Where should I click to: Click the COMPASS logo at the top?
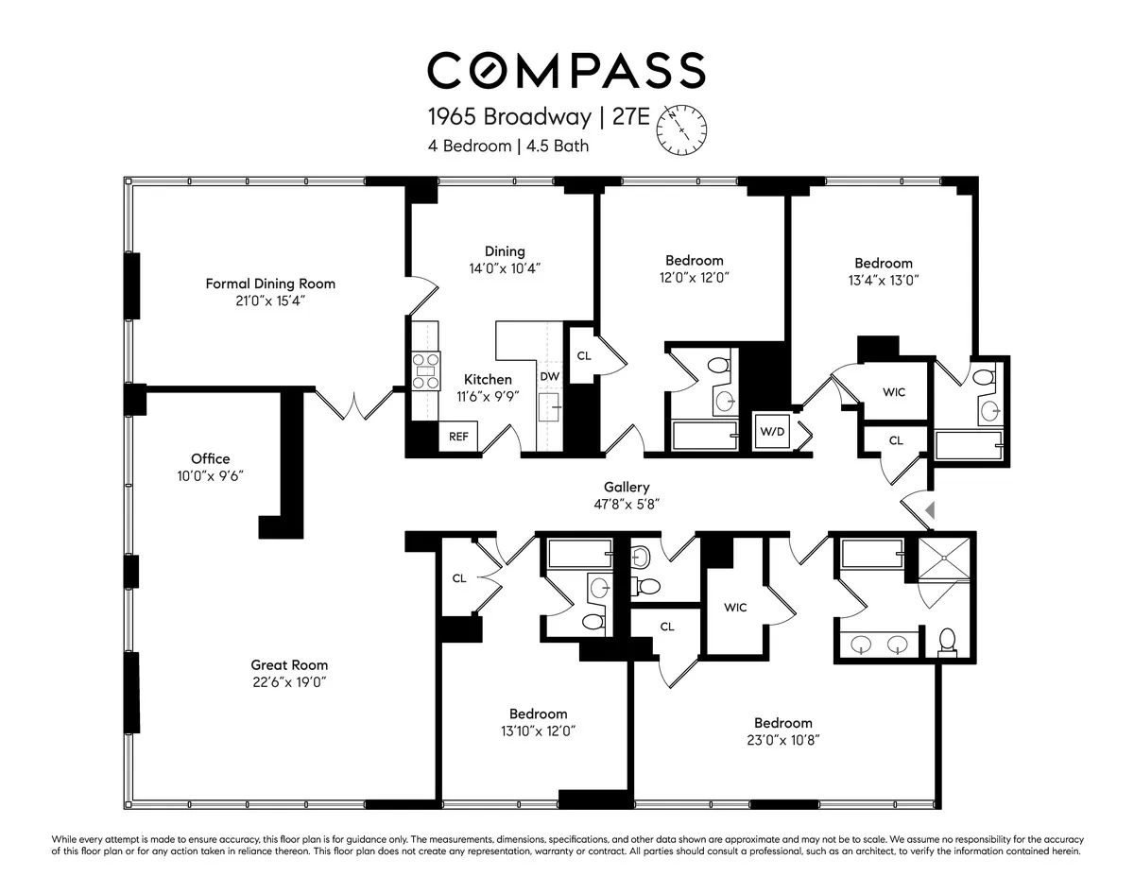coord(566,71)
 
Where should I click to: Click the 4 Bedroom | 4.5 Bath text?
coord(509,146)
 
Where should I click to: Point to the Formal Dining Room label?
coord(270,284)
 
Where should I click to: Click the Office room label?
coord(210,459)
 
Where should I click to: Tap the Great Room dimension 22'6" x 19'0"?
coord(288,681)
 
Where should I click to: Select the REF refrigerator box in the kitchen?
coord(458,437)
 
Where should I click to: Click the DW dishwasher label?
coord(550,376)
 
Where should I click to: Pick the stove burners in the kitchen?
coord(426,370)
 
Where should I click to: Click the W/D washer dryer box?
coord(772,431)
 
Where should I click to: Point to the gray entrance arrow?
coord(929,510)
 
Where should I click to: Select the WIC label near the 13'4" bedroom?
coord(894,391)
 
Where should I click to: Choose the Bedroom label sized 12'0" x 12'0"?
coord(695,261)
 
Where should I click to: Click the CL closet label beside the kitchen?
coord(584,355)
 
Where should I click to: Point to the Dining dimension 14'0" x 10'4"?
coord(505,268)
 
